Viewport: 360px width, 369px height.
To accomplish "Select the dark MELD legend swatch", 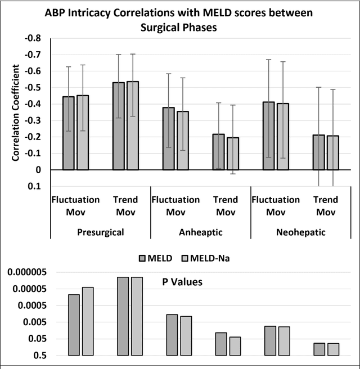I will [x=143, y=258].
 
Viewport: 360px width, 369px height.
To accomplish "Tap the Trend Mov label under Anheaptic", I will [x=225, y=206].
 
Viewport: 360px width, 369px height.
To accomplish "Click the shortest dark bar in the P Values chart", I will [x=319, y=349].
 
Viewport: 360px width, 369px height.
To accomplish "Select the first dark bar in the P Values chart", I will [x=74, y=325].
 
